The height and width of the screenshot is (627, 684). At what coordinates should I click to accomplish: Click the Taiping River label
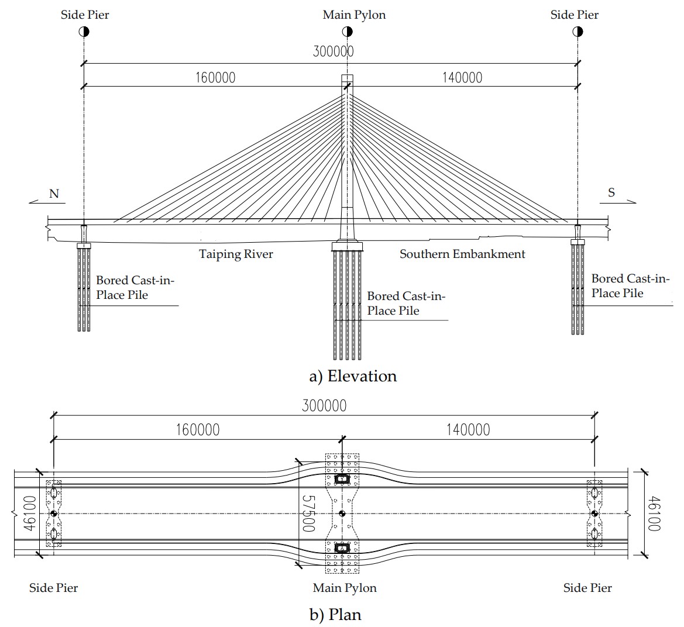coord(236,254)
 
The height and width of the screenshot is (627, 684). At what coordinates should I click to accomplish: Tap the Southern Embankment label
coord(462,254)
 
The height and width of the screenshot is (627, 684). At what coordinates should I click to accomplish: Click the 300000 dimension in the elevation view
coord(333,51)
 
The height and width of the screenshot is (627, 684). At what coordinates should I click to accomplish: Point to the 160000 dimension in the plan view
coord(198,430)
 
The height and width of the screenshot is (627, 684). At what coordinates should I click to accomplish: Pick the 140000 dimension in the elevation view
coord(462,77)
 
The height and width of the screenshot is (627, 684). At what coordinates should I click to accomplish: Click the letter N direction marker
coord(54,194)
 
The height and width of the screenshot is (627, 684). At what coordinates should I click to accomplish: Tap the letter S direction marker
coord(611,192)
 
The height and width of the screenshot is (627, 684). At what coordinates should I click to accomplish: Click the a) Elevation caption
coord(353,376)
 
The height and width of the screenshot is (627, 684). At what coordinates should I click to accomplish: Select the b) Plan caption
coord(335,615)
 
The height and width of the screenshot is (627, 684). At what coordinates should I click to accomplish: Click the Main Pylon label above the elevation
coord(354,15)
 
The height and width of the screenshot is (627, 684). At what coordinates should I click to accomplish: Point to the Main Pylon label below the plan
coord(345,588)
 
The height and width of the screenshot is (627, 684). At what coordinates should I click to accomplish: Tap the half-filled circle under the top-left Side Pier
coord(84,32)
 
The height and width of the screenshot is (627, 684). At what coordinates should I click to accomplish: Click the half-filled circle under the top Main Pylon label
coord(346,32)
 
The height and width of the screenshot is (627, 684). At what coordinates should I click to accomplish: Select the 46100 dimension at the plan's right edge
coord(654,514)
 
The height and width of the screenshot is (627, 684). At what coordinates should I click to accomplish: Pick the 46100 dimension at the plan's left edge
coord(30,514)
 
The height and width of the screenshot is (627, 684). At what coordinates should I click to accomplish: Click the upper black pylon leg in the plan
coord(342,479)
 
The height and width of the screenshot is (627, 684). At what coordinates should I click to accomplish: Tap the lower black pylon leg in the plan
coord(342,548)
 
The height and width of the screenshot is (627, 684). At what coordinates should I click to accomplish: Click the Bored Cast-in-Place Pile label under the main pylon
coord(405,304)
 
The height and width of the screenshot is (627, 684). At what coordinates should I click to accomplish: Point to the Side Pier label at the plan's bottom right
coord(587,588)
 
